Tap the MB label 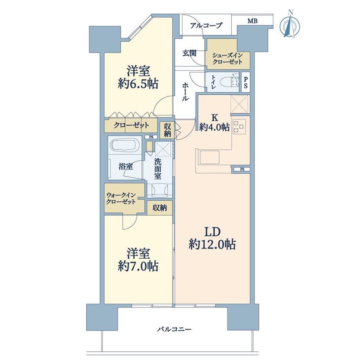252,21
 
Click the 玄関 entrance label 189,53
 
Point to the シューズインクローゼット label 227,59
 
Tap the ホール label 185,92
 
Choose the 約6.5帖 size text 138,84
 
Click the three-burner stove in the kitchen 239,126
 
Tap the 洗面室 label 158,169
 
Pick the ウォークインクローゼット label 121,199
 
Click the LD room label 212,232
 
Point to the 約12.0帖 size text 212,245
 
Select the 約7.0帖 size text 138,266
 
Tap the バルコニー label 174,329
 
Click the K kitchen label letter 215,118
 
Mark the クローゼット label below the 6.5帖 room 131,125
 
